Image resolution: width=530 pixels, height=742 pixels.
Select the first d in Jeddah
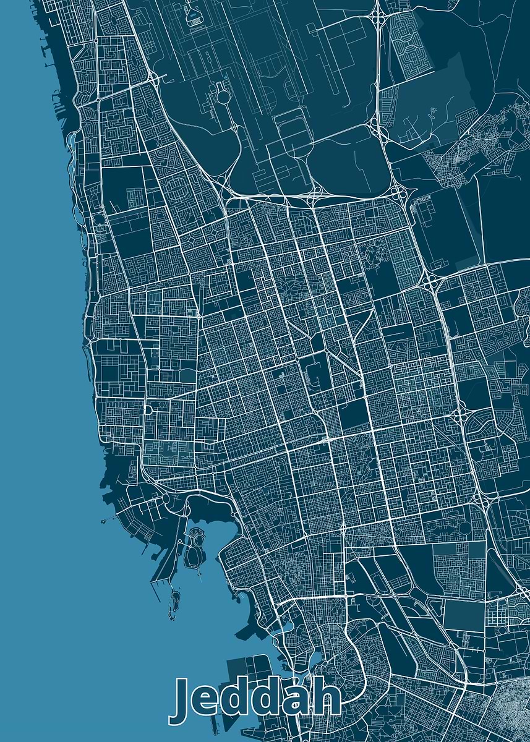coord(246,699)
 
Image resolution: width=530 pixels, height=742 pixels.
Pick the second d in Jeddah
coord(280,699)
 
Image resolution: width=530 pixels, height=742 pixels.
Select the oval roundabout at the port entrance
coord(166,498)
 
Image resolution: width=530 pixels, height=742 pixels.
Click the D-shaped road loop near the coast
coord(148,410)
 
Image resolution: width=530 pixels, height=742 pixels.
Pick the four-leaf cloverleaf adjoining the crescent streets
coord(459,415)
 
